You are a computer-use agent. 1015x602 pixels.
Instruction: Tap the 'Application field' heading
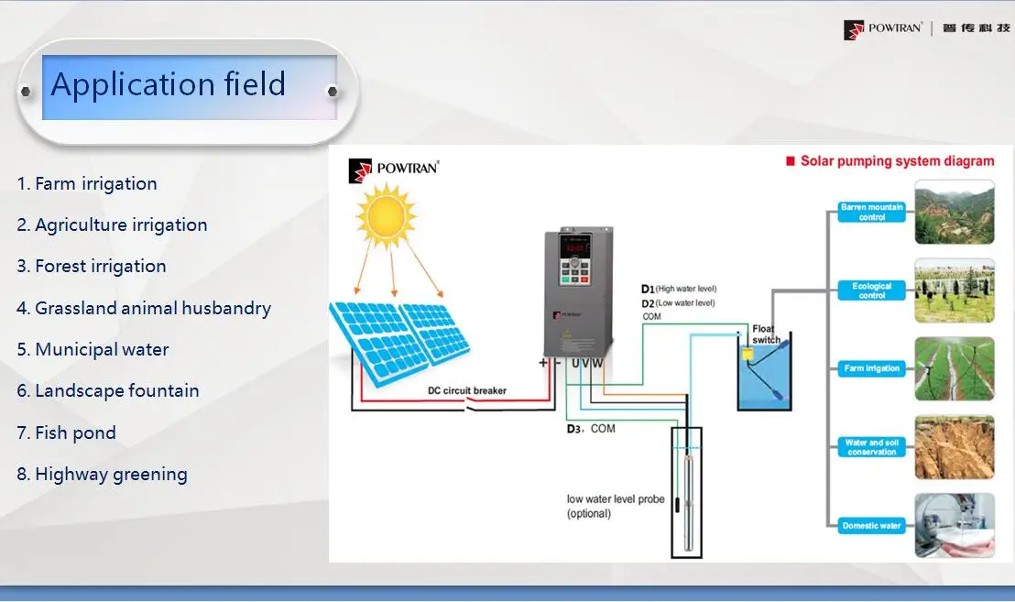tap(169, 85)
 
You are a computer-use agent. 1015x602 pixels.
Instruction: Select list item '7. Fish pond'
tap(66, 432)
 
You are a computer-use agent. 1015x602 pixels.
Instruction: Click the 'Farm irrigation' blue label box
tap(871, 368)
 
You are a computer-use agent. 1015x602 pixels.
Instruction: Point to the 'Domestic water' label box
tap(871, 526)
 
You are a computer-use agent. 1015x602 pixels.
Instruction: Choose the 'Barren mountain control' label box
tap(871, 213)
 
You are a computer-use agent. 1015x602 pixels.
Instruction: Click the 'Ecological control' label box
tap(871, 291)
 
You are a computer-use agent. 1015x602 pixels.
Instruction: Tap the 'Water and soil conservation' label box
tap(871, 447)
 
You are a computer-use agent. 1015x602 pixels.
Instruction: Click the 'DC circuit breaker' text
tap(467, 390)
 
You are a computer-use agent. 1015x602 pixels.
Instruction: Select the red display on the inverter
tap(575, 248)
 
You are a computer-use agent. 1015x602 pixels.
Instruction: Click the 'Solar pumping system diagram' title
tap(896, 161)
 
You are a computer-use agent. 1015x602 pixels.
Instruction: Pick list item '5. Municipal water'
tap(93, 349)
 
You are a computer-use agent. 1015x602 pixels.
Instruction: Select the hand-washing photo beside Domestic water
tap(955, 525)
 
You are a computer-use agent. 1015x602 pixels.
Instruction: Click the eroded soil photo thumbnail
tap(955, 447)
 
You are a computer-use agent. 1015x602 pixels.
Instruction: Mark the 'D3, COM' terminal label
tap(590, 428)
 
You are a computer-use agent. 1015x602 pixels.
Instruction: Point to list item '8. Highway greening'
tap(102, 474)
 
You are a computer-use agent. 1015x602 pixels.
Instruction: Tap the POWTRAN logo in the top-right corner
tap(926, 29)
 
